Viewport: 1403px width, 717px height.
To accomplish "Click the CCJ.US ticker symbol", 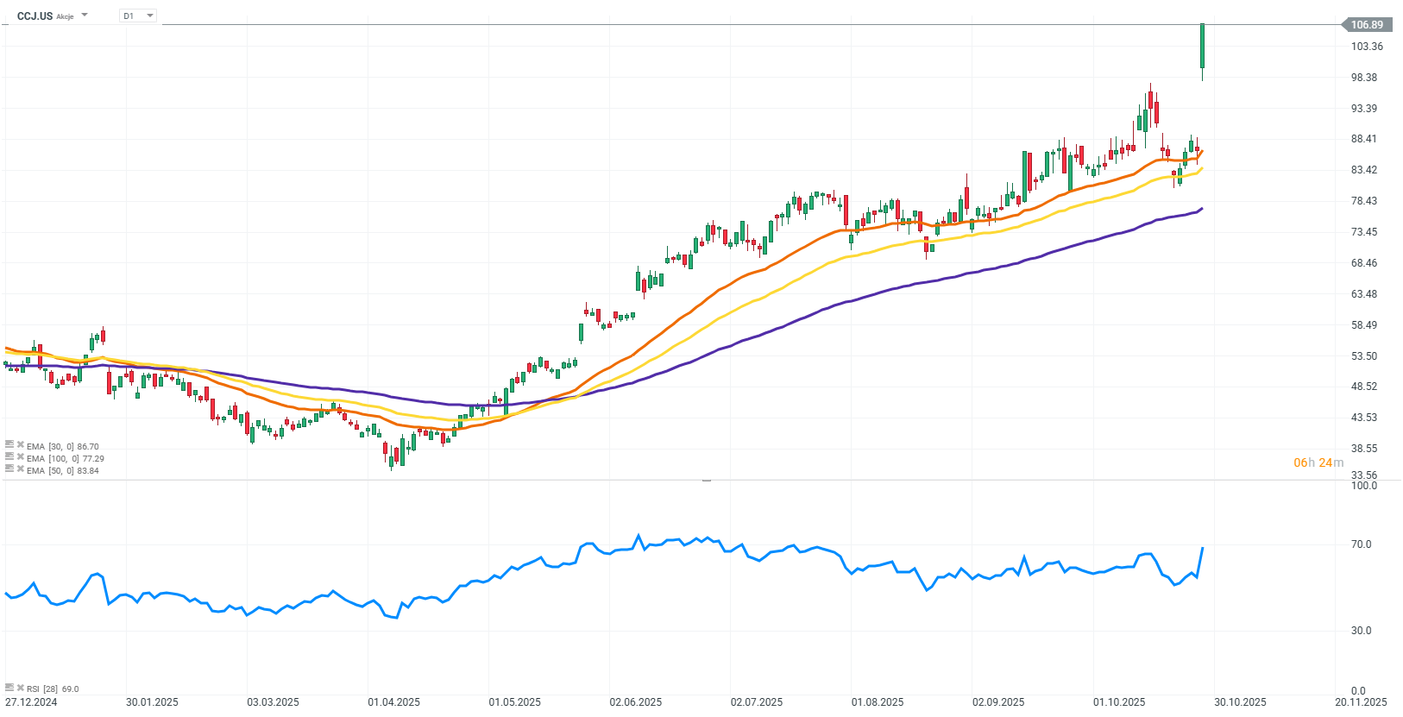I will point(35,16).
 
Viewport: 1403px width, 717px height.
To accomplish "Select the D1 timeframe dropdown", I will point(137,16).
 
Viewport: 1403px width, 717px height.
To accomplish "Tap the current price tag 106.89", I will point(1366,25).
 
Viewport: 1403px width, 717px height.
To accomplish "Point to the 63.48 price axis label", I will point(1363,294).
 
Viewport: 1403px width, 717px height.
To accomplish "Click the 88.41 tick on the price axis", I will point(1363,139).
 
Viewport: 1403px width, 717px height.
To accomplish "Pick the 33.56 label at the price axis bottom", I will point(1363,475).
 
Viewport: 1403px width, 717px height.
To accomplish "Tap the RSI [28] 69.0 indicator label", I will point(52,689).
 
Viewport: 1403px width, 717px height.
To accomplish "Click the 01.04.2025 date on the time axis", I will point(393,701).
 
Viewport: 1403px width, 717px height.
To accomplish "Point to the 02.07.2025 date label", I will point(756,701).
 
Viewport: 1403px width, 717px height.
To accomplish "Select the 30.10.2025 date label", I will point(1240,701).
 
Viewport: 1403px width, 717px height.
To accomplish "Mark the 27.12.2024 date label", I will point(31,701).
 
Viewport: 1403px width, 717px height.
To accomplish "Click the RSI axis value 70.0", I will point(1361,544).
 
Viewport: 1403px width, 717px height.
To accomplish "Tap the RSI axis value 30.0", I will point(1361,631).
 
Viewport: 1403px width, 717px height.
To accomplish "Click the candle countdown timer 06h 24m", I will point(1318,462).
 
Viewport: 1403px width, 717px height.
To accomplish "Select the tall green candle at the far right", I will point(1202,47).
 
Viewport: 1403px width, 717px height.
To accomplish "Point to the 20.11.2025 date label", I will point(1361,701).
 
